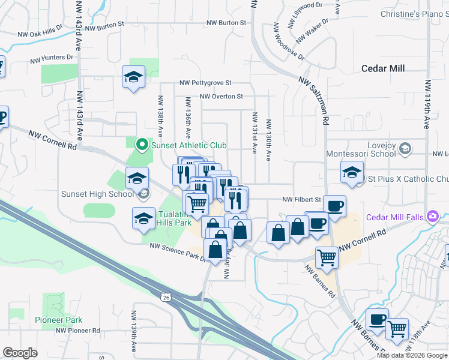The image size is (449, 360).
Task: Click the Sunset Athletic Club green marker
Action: pos(142,145)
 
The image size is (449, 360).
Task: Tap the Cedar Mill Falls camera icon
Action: pos(432,217)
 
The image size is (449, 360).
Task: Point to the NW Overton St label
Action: pos(221,96)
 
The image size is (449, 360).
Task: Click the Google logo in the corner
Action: pos(20,353)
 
